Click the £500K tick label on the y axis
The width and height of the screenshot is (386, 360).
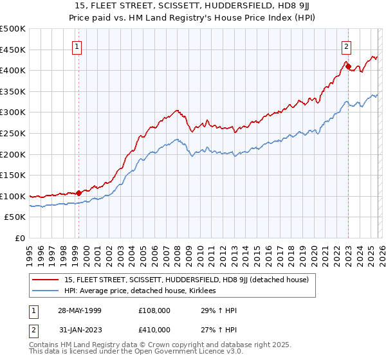point(13,29)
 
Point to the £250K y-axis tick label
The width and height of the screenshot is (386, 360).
point(13,133)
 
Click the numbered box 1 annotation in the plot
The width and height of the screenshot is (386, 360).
point(77,46)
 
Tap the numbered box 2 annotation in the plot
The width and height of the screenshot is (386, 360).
point(346,46)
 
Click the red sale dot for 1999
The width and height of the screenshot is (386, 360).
point(78,193)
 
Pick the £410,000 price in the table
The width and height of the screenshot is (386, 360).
point(153,330)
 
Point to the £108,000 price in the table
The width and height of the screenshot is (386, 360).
point(153,310)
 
